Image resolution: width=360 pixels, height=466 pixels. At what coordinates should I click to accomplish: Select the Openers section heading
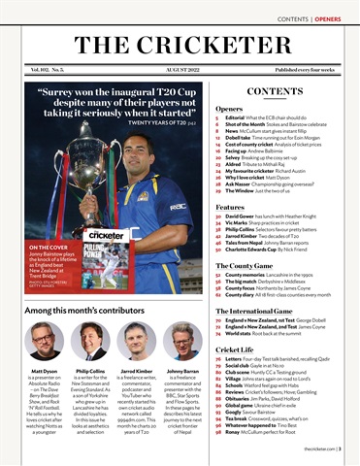coord(229,109)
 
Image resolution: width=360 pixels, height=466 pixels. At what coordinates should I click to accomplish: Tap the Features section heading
coord(230,208)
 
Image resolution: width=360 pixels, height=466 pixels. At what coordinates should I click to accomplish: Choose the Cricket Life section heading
coord(235,349)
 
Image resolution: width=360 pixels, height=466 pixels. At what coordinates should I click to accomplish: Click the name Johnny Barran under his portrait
coord(183,371)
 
